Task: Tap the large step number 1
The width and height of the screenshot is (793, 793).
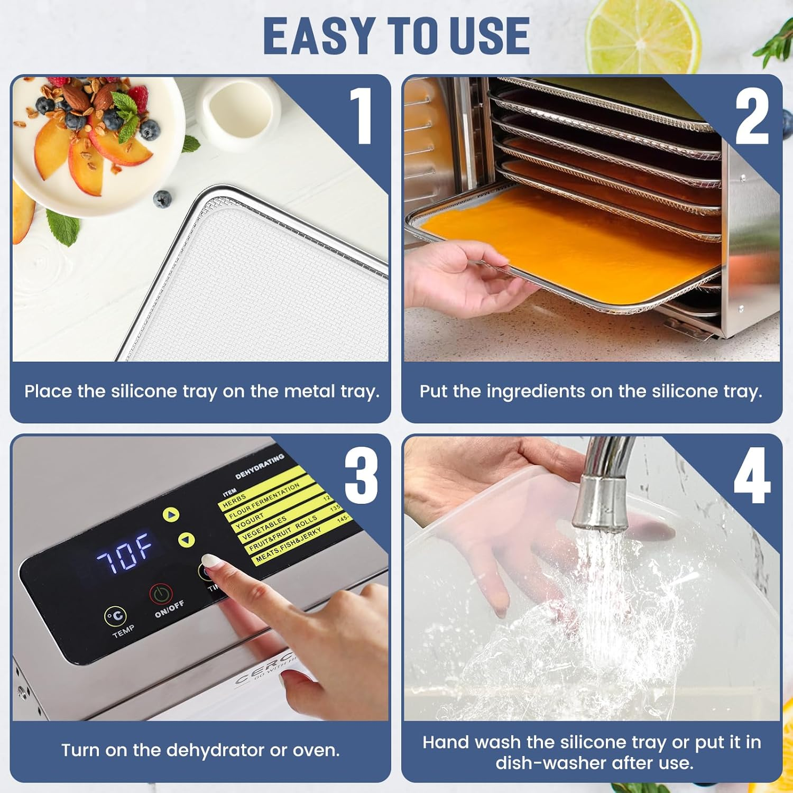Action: pos(363,116)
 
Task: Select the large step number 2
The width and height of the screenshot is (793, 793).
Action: pos(751,116)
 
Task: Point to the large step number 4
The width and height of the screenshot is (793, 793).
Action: pos(751,475)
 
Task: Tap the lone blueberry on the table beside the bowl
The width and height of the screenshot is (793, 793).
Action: pos(162,199)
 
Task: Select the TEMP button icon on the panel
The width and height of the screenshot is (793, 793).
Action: pos(115,616)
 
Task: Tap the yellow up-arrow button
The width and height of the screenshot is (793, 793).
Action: pos(171,514)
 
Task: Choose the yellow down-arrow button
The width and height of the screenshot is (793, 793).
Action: pos(186,540)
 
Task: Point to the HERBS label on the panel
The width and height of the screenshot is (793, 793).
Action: pos(234,500)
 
